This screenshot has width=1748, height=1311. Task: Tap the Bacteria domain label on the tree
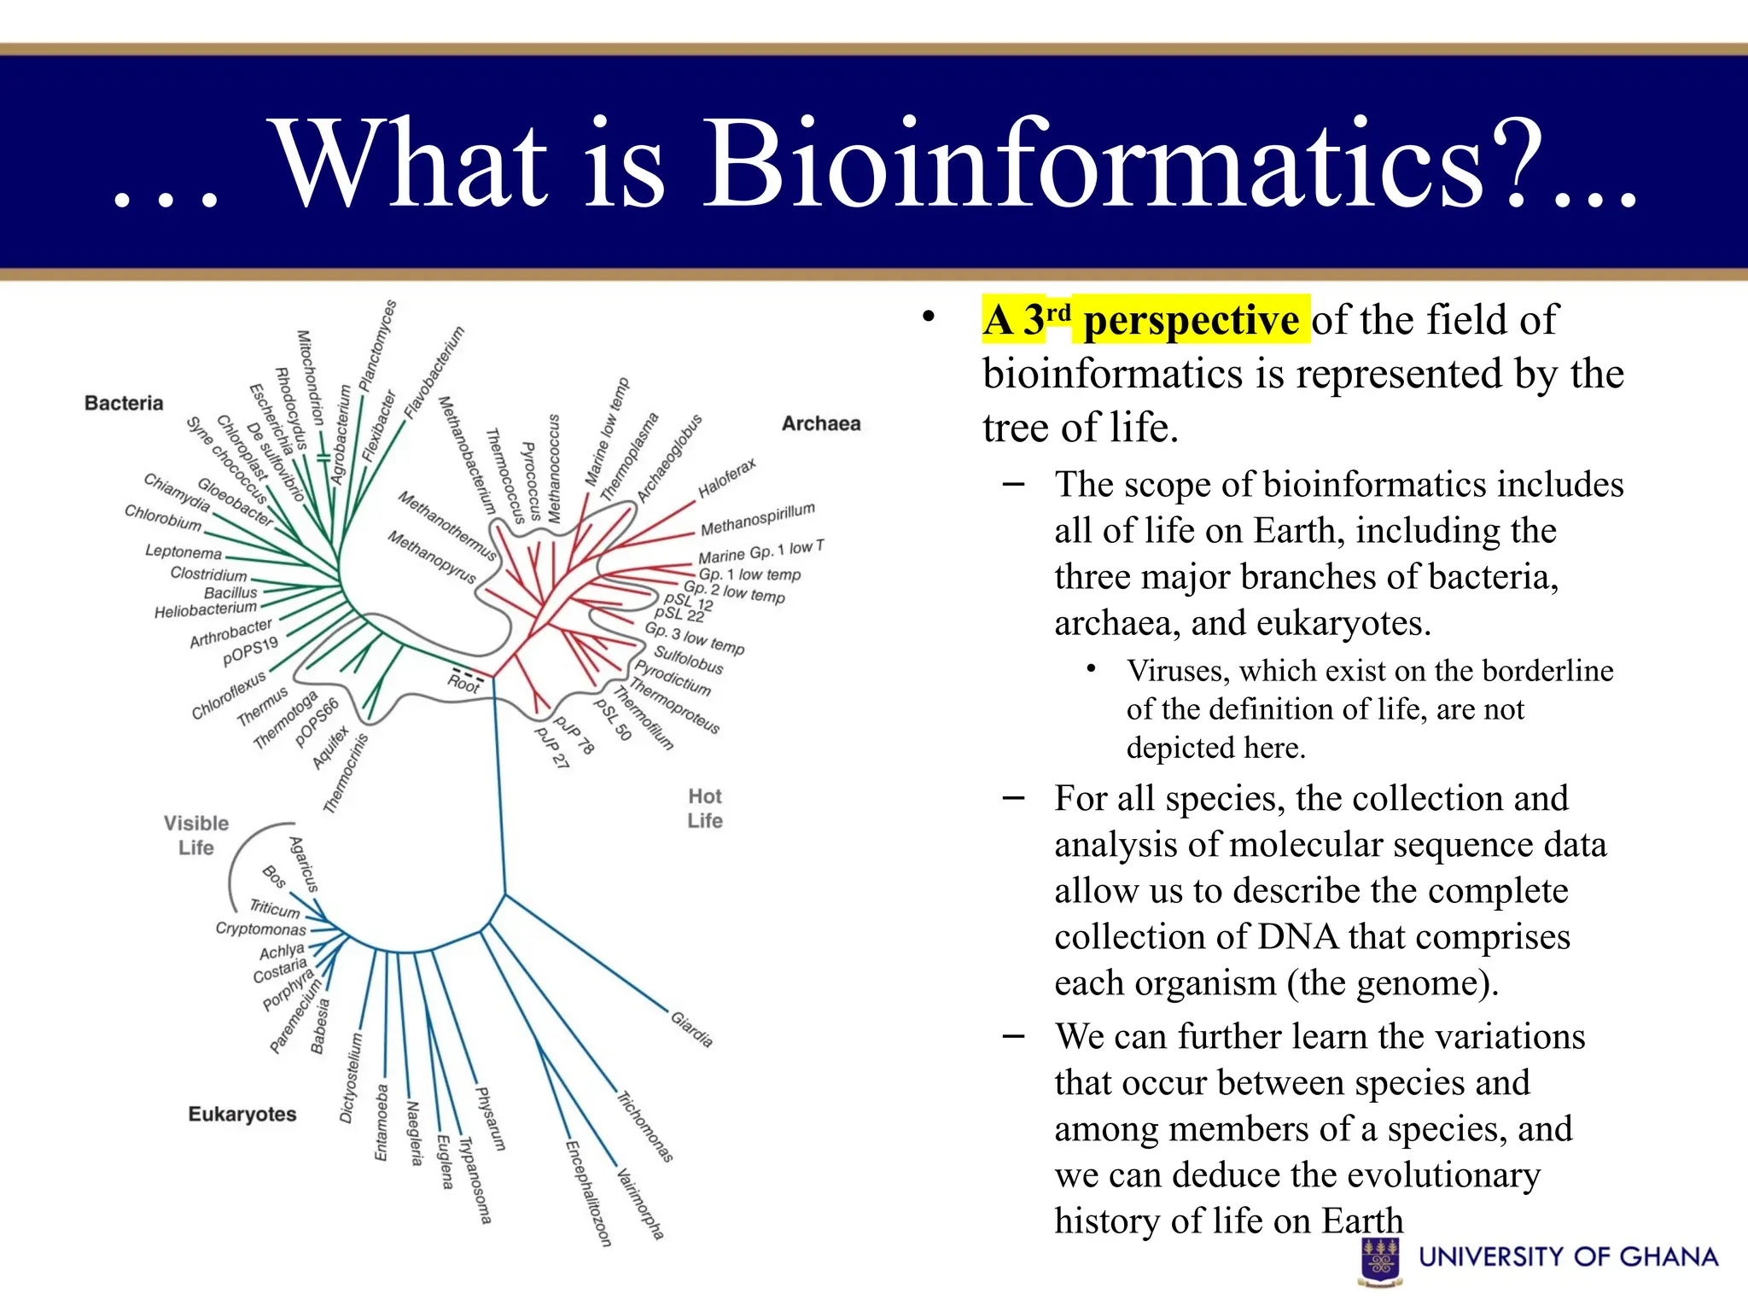(124, 403)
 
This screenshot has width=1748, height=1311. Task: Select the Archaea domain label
(821, 423)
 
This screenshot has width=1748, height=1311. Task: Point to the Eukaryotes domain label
(242, 1114)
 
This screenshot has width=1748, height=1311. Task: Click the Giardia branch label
(691, 1029)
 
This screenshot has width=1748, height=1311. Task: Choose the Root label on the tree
(463, 684)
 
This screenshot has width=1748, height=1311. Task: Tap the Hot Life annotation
(705, 808)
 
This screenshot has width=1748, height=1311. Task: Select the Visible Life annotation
(196, 836)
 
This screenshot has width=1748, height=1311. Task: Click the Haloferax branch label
(726, 478)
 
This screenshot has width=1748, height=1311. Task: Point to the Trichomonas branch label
(645, 1127)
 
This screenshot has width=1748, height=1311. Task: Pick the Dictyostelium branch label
(350, 1078)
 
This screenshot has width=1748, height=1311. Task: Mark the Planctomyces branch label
(378, 346)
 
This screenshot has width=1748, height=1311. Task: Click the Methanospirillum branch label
(757, 519)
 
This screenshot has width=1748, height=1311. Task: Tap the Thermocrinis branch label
(345, 773)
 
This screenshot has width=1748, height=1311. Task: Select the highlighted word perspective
(1191, 320)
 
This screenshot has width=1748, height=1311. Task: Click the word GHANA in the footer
(1668, 1256)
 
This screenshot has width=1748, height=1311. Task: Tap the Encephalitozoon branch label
(589, 1193)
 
